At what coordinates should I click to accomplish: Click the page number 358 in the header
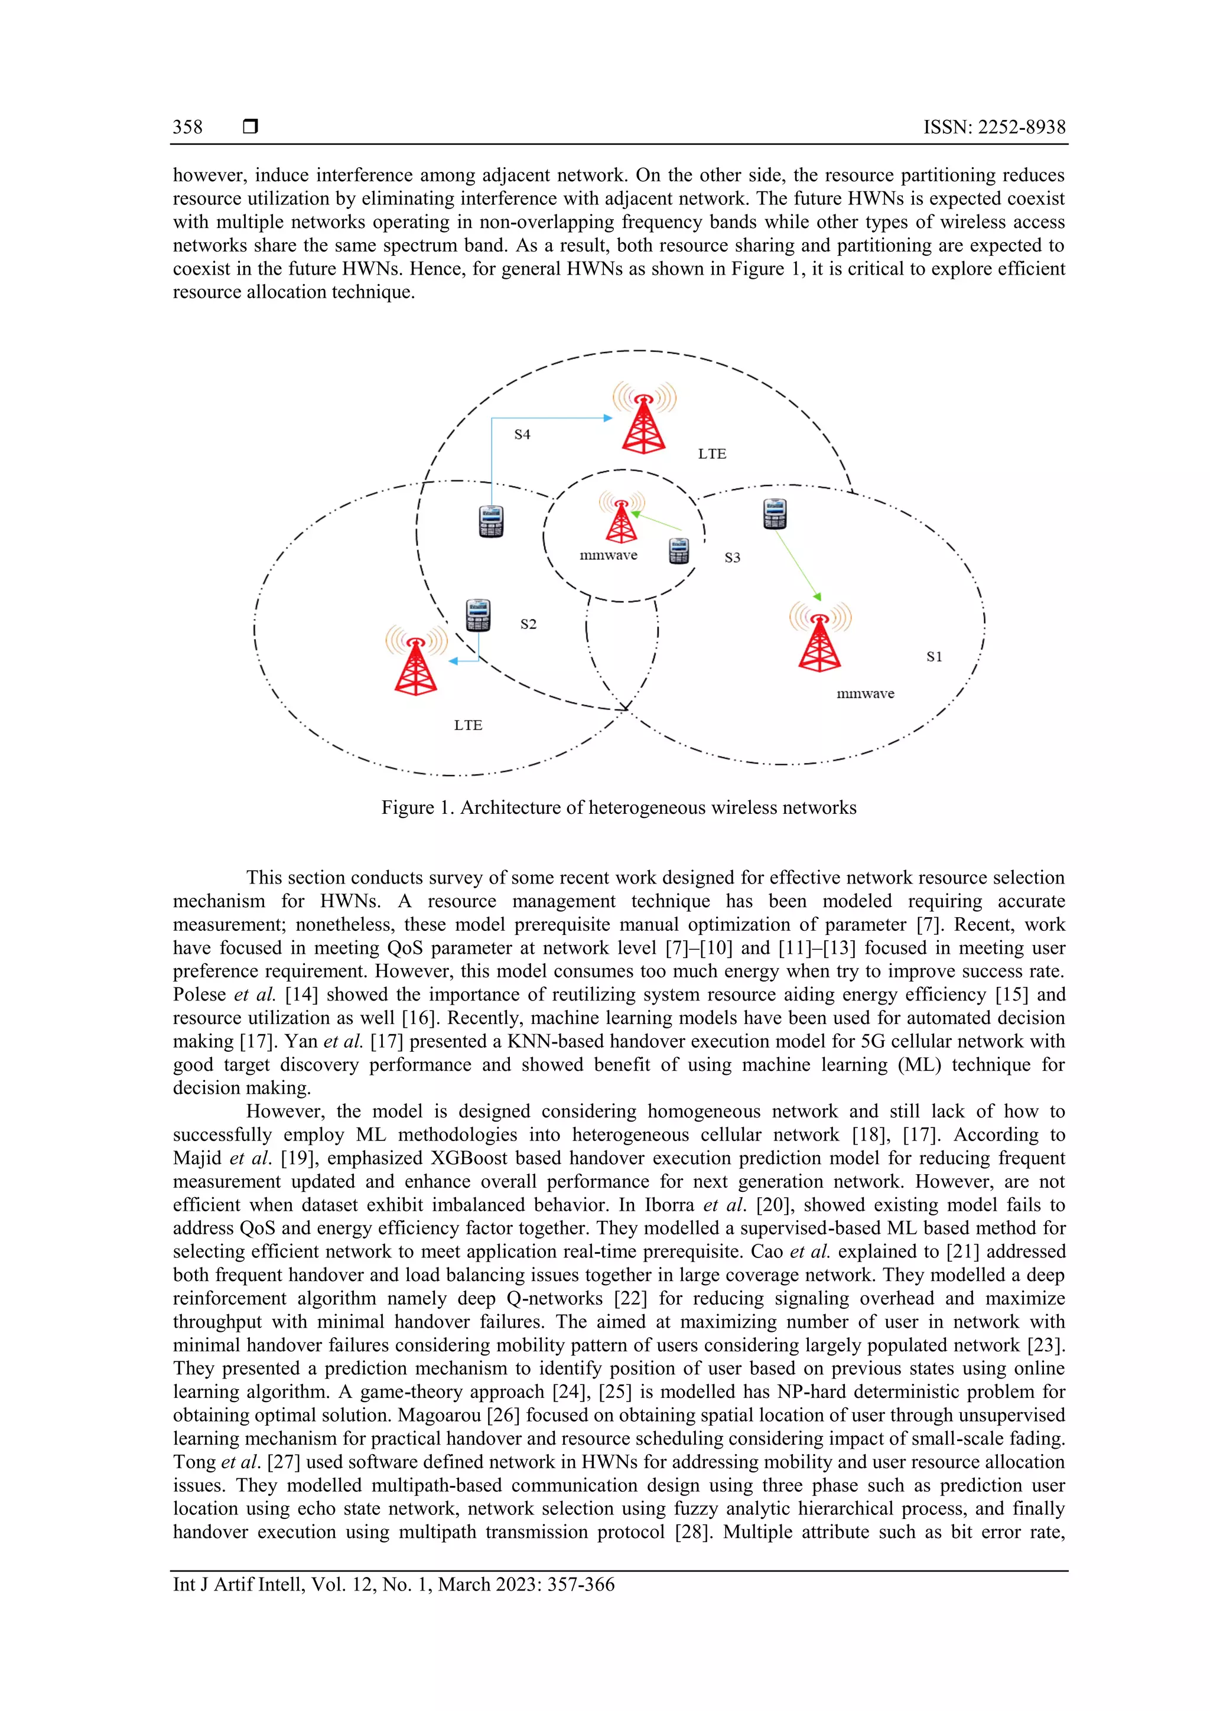click(x=187, y=128)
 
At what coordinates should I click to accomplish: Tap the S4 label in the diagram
click(x=522, y=435)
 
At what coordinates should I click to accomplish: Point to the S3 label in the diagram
click(x=732, y=558)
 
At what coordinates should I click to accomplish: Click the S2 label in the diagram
click(x=528, y=624)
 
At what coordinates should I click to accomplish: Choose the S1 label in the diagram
click(x=934, y=657)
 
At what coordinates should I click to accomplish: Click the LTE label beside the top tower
click(x=712, y=454)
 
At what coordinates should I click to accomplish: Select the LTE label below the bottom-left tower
click(x=468, y=725)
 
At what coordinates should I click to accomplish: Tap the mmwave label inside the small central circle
click(x=609, y=555)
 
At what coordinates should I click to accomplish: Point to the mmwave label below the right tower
click(x=865, y=694)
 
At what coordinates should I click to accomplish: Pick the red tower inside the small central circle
click(x=621, y=519)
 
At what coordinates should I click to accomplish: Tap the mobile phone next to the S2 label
click(x=478, y=615)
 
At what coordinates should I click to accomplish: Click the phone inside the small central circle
click(x=678, y=552)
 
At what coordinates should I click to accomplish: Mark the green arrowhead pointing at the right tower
click(x=817, y=596)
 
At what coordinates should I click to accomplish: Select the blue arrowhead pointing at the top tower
click(x=607, y=419)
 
